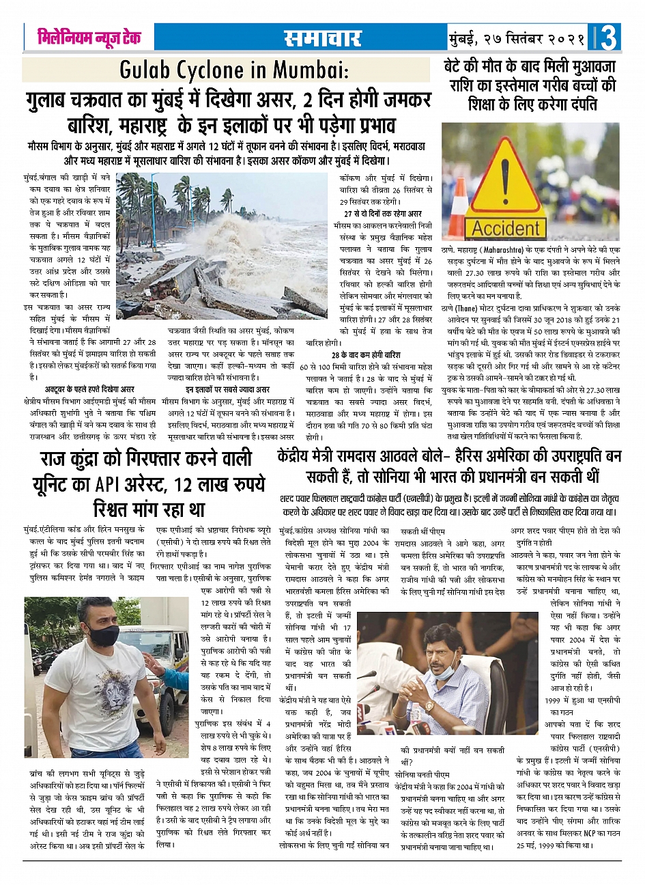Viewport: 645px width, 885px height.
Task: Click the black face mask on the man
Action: [102, 635]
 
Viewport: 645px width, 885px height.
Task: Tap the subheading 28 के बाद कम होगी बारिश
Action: [366, 356]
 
